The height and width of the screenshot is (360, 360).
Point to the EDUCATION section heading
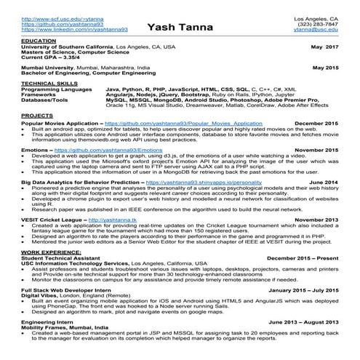(39, 41)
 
